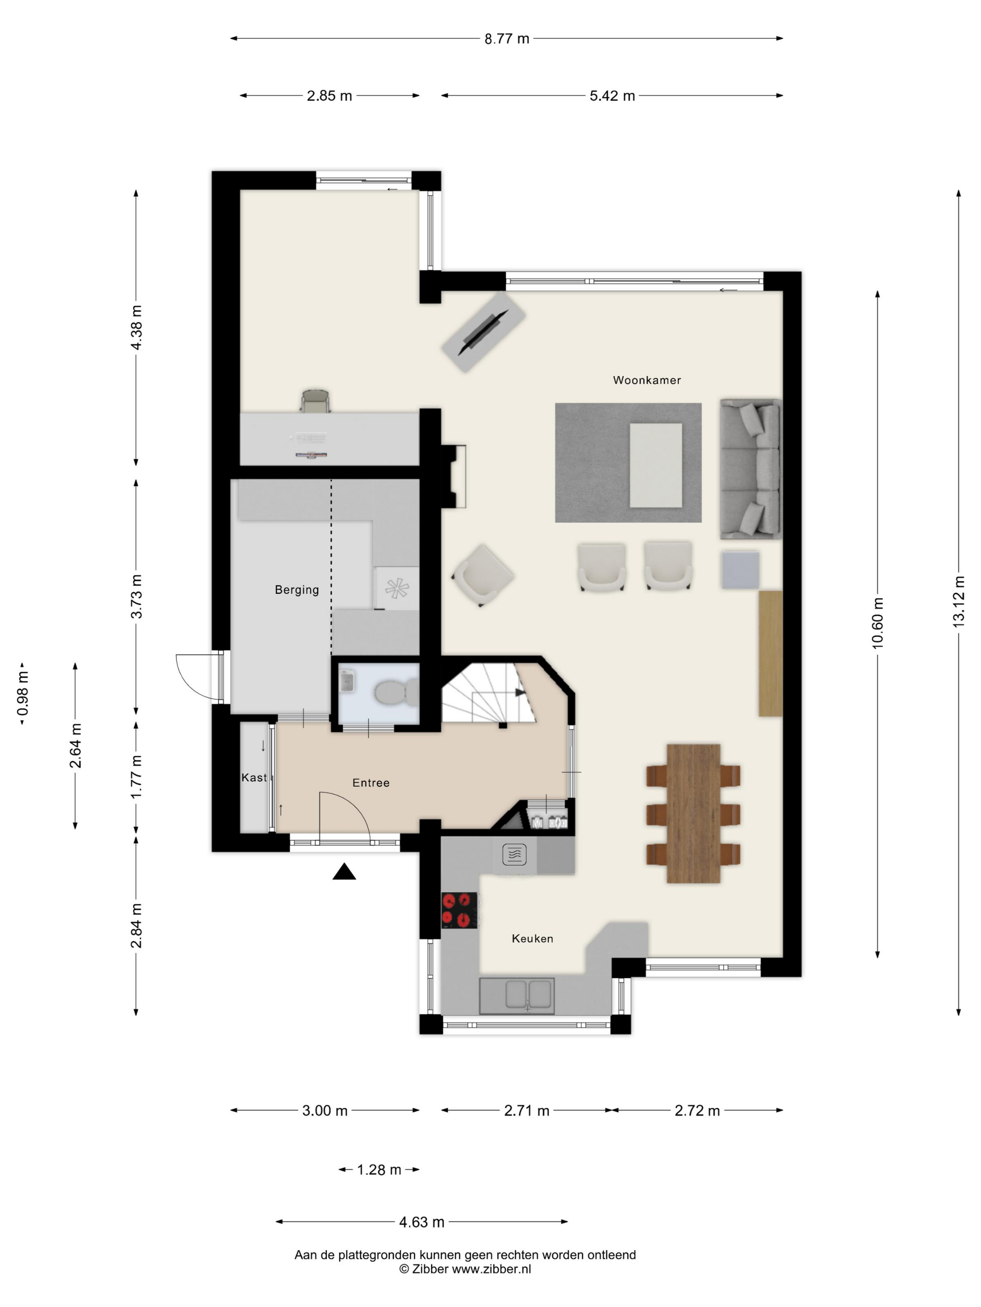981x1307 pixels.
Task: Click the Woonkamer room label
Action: tap(647, 380)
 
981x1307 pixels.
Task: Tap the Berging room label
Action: tap(297, 590)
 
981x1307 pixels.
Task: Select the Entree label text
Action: tap(371, 783)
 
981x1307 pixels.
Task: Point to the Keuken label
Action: tap(532, 938)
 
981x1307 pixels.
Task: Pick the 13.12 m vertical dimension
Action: tap(959, 602)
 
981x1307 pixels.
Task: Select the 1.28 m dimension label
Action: tap(379, 1170)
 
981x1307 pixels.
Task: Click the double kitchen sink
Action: tap(516, 996)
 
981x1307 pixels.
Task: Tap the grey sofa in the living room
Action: tap(750, 469)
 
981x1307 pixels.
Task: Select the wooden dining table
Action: tap(693, 814)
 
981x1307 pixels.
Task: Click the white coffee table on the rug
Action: tap(655, 465)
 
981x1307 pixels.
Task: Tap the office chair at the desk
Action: tap(315, 401)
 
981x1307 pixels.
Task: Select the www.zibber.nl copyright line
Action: tap(465, 1269)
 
